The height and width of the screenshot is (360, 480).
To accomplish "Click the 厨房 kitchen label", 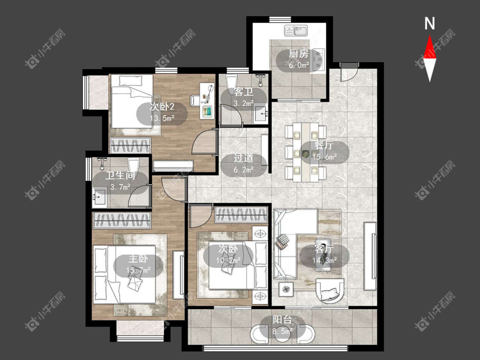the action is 299,54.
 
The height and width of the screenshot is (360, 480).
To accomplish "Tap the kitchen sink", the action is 296,31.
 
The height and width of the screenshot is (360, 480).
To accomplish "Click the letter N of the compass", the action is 430,23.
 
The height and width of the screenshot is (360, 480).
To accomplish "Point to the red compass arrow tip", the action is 430,36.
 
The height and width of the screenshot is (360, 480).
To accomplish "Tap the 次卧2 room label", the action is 162,107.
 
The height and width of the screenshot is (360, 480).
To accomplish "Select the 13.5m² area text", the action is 162,118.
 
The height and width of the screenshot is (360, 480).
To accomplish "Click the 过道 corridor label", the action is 244,158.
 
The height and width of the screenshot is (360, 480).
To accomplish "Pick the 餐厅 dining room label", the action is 324,145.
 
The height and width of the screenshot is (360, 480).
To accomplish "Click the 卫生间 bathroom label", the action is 120,176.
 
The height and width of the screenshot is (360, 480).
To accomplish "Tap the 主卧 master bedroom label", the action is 138,259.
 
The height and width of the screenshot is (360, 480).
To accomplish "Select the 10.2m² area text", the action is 228,260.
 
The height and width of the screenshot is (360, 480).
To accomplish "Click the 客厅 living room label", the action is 324,249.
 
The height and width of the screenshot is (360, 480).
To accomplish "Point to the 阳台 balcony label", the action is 282,320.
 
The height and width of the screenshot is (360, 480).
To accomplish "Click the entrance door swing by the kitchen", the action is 349,72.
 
